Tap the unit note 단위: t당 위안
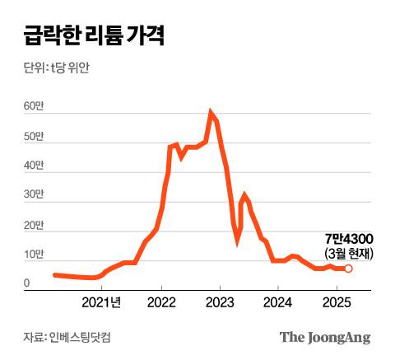(x=56, y=68)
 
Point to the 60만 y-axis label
(x=34, y=106)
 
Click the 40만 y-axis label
(x=34, y=166)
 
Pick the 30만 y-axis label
(x=34, y=195)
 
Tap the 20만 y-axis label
(x=34, y=225)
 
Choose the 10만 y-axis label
(x=34, y=255)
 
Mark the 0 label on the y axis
(x=27, y=284)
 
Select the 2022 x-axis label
(x=161, y=302)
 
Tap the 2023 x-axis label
(x=219, y=302)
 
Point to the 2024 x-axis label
(x=278, y=302)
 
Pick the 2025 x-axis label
(x=336, y=302)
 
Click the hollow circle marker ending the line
(x=348, y=269)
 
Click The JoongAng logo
(x=325, y=337)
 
